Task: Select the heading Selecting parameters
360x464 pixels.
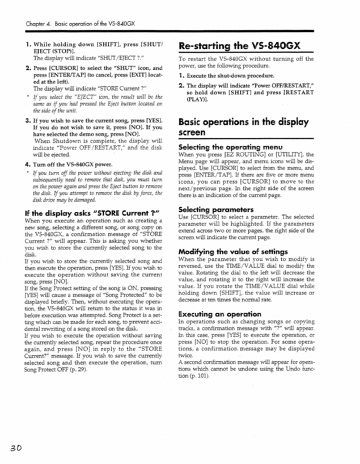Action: click(x=216, y=210)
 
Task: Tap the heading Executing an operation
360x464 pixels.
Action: click(x=220, y=314)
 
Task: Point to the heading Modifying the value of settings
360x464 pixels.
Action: click(x=233, y=252)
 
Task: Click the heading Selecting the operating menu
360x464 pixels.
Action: click(x=230, y=147)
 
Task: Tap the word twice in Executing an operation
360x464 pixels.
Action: click(x=186, y=355)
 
